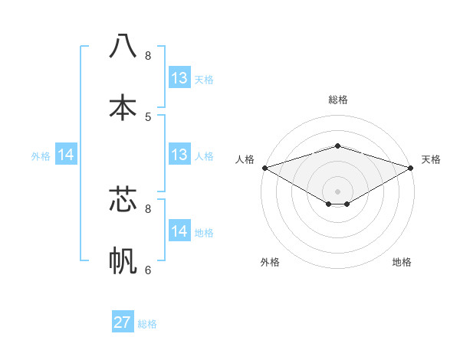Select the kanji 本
123,106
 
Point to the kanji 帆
123,260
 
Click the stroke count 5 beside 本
148,116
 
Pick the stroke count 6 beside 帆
148,270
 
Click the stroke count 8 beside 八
148,56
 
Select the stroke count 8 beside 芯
148,208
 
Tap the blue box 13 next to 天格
179,78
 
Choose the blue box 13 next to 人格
179,155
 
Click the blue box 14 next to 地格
179,231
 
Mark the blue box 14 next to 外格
66,155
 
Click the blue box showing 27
123,322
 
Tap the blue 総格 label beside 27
147,324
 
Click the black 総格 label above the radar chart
337,100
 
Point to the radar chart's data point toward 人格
264,168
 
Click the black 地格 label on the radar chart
402,262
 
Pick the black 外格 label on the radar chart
270,262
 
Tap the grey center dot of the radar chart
337,191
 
